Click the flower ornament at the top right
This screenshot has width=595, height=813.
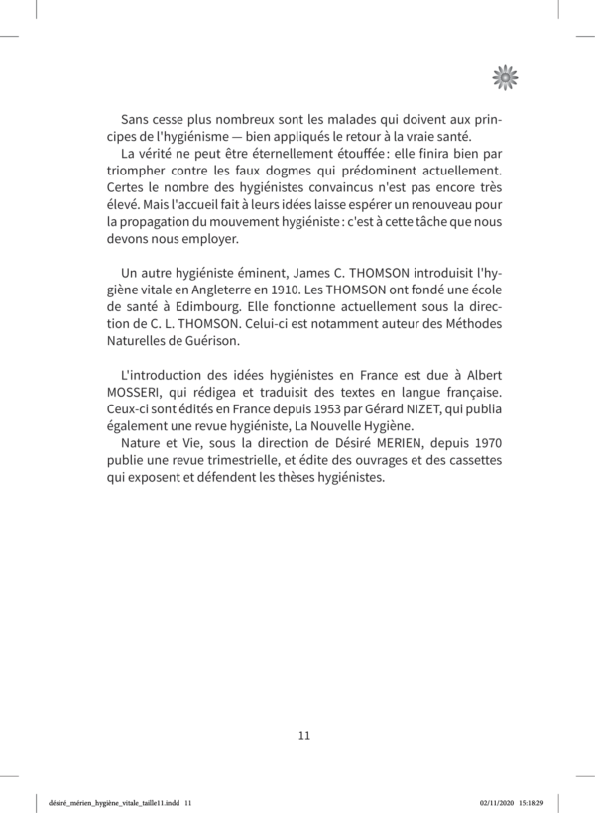pos(506,75)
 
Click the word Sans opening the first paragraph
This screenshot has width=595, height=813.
pos(135,119)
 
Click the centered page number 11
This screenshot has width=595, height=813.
pos(304,735)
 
